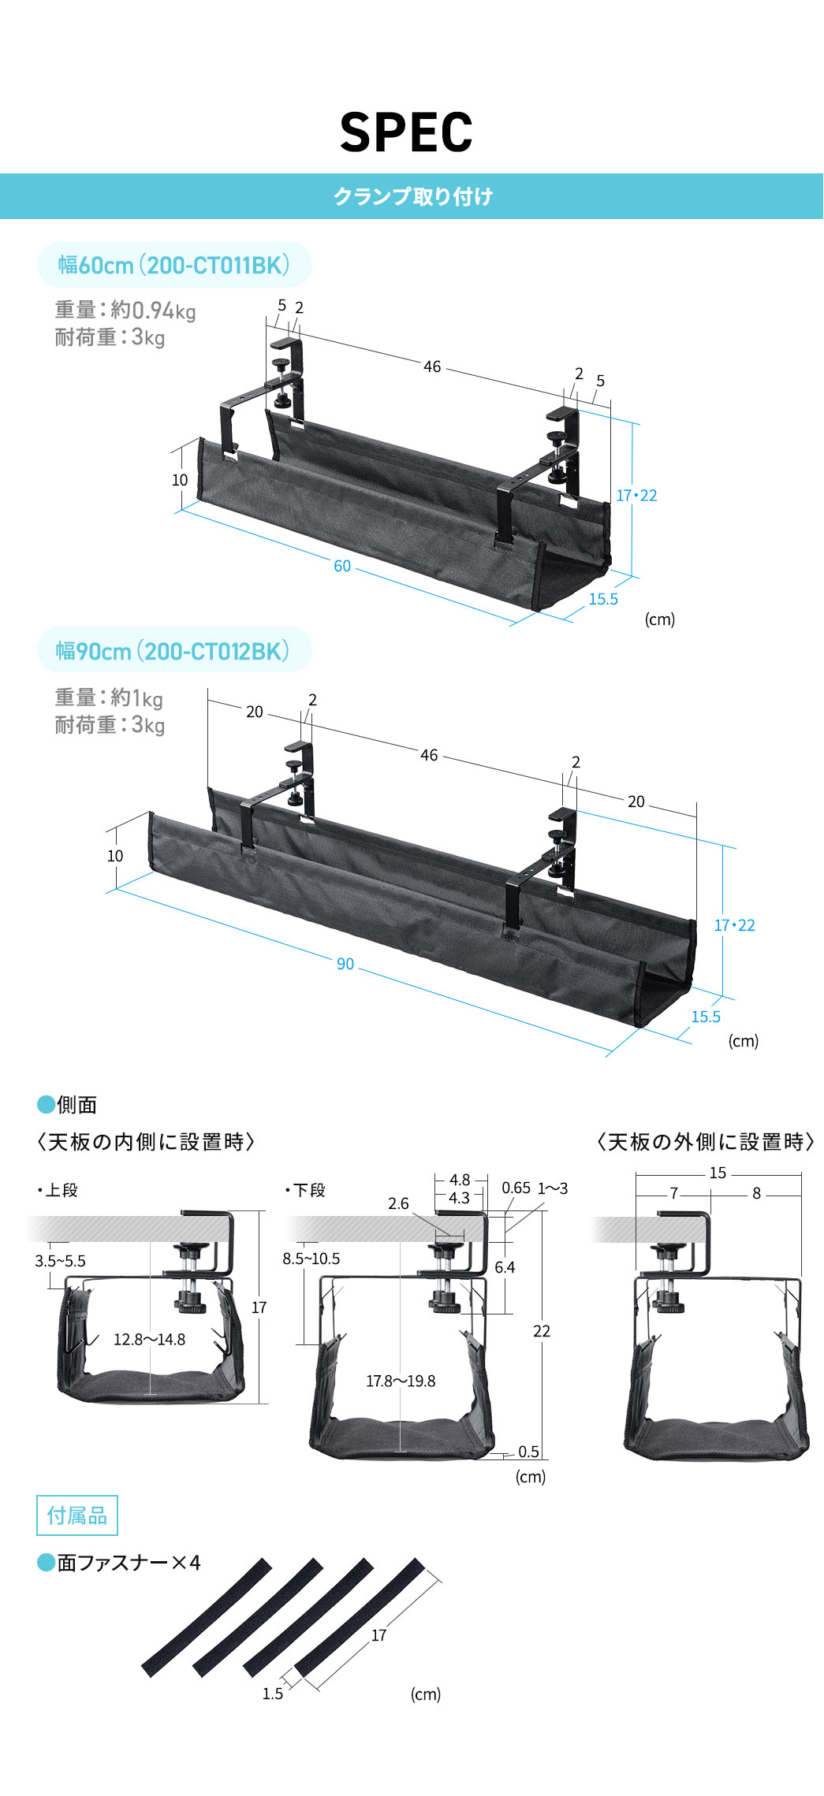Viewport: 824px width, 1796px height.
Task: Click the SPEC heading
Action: (x=406, y=132)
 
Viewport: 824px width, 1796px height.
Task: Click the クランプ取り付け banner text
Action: (x=412, y=196)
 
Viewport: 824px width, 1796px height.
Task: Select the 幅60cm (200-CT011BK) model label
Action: (x=173, y=265)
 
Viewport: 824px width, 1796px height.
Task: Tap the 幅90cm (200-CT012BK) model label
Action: (x=173, y=651)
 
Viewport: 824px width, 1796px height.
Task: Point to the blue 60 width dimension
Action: (x=342, y=566)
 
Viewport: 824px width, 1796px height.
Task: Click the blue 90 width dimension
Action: (x=345, y=964)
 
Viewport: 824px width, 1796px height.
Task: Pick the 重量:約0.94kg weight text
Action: (x=125, y=310)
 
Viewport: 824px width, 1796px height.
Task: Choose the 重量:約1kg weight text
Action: (x=109, y=697)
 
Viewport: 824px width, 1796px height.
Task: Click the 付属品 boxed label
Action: (x=77, y=1515)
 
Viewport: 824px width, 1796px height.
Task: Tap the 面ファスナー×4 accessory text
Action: (x=129, y=1562)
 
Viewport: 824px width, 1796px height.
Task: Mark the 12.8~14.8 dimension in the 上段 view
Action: (x=149, y=1340)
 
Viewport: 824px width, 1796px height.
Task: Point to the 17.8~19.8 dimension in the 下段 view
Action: (x=401, y=1381)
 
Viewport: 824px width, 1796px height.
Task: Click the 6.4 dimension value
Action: (x=505, y=1267)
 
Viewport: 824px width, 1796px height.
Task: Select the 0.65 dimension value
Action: (x=516, y=1188)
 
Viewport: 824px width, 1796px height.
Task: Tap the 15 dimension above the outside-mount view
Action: (x=718, y=1173)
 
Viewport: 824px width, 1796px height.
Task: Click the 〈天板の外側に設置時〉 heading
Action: (x=705, y=1142)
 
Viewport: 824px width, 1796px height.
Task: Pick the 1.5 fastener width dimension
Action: (x=273, y=1694)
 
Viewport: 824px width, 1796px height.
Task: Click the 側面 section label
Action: (x=76, y=1105)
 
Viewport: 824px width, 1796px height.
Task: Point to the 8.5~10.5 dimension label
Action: (x=311, y=1259)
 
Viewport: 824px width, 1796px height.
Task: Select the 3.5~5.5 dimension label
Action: (x=60, y=1261)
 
